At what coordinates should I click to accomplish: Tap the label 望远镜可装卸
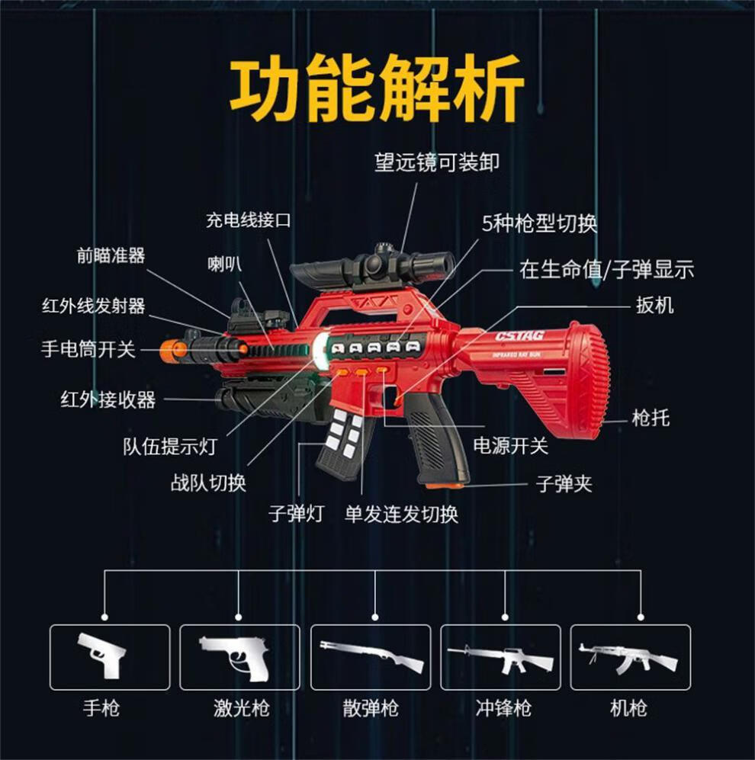coord(437,163)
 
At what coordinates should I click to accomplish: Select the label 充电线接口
coord(249,221)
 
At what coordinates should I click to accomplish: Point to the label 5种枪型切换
coord(539,223)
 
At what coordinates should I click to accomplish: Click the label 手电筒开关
coord(88,350)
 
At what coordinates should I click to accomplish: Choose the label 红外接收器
coord(108,399)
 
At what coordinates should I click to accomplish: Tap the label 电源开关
coord(510,445)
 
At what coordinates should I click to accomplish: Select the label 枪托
coord(651,418)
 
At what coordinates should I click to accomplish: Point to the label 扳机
coord(654,306)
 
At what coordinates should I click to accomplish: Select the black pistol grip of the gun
coord(437,442)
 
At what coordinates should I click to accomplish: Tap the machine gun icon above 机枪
coord(630,657)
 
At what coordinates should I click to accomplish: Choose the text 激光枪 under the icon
coord(241,709)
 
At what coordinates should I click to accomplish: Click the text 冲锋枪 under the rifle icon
coord(503,709)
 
